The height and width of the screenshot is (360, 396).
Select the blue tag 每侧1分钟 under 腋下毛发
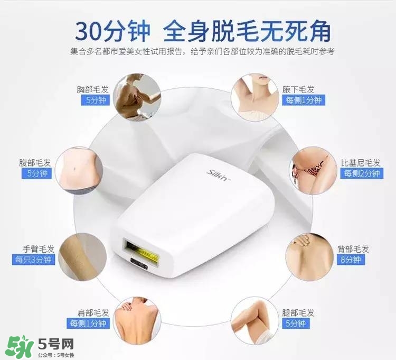(x=305, y=100)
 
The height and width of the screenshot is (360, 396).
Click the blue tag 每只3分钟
(x=33, y=260)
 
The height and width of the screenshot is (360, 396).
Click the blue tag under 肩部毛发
(x=87, y=323)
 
